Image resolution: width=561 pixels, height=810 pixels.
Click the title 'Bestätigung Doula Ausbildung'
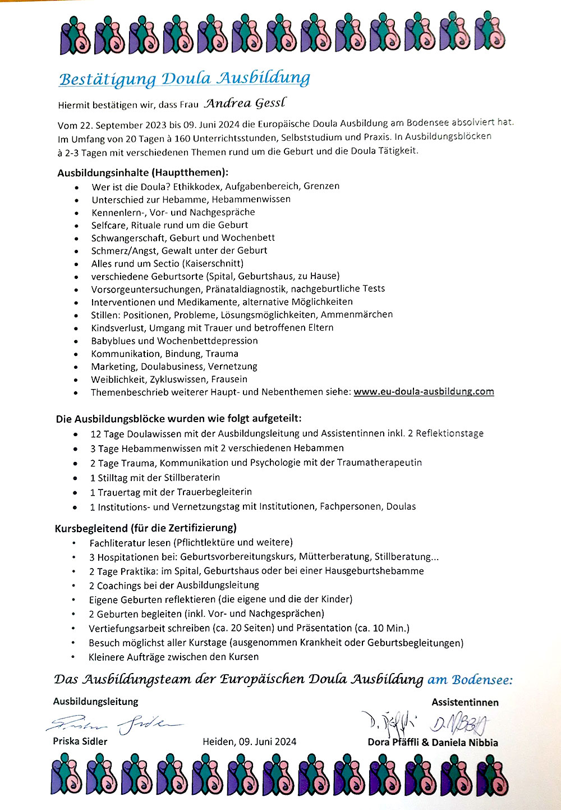click(184, 79)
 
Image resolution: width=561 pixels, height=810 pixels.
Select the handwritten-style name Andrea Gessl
click(245, 103)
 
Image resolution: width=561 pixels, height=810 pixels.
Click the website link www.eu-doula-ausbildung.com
click(424, 392)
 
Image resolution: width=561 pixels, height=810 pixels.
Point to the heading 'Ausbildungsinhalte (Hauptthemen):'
click(142, 172)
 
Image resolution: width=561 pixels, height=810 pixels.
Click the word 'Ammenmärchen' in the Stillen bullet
click(357, 314)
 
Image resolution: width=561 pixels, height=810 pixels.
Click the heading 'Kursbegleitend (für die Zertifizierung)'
click(146, 528)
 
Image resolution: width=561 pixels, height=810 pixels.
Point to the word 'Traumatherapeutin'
click(379, 463)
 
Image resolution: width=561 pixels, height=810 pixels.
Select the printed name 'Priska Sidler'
click(80, 741)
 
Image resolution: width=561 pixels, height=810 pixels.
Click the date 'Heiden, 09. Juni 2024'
click(250, 742)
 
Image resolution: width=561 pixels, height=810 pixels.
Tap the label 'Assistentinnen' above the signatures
click(465, 702)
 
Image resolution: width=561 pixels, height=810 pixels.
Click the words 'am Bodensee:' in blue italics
click(470, 680)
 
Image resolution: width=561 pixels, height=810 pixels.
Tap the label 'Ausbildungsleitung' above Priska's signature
click(96, 701)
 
